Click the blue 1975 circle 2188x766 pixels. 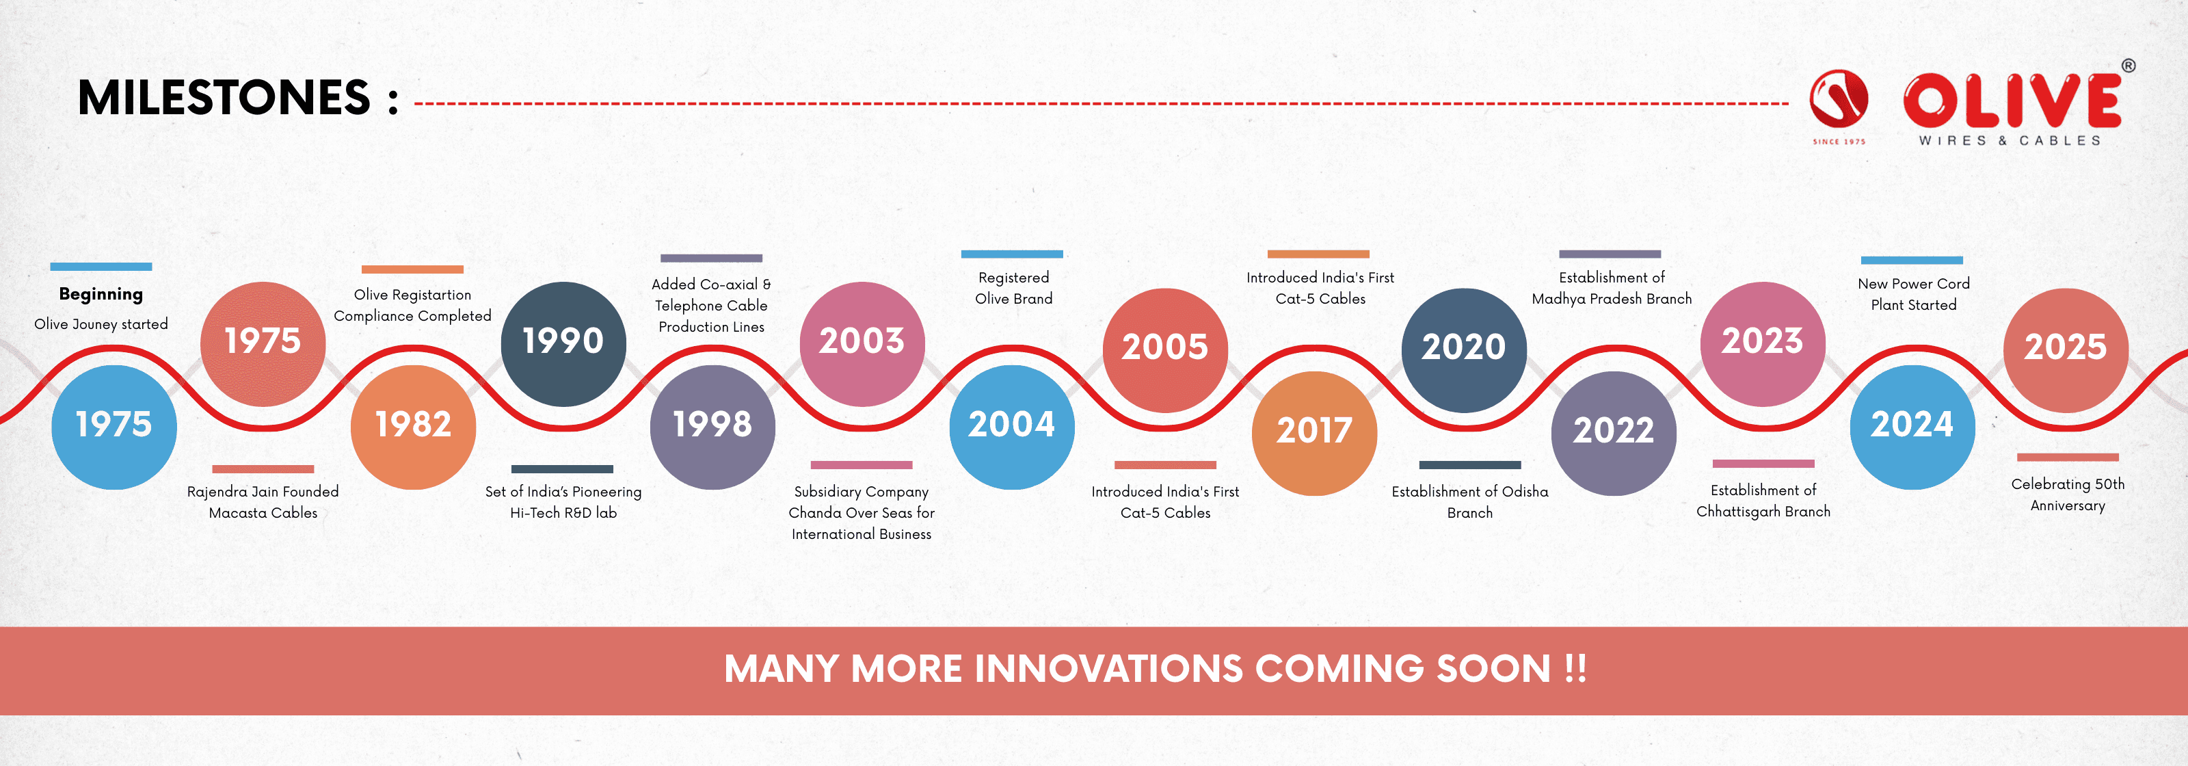(x=114, y=426)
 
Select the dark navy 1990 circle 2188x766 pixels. (x=563, y=343)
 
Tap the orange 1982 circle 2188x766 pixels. (x=413, y=426)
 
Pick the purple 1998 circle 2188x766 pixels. (x=712, y=426)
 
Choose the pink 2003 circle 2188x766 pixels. (x=862, y=343)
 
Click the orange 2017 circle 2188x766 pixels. (x=1314, y=432)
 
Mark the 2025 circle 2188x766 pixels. (x=2065, y=349)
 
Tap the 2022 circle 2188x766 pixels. (x=1613, y=432)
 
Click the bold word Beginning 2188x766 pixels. (x=101, y=294)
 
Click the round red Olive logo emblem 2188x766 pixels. (x=1838, y=98)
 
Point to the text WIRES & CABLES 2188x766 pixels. (x=2010, y=141)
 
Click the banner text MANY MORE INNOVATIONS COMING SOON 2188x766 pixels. (x=1154, y=669)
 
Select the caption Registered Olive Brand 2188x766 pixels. (x=1013, y=288)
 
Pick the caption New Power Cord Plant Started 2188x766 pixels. (x=1913, y=294)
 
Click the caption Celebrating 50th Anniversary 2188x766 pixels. (x=2068, y=494)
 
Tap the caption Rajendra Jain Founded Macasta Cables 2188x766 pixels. (x=263, y=502)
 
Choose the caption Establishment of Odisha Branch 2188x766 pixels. (x=1469, y=502)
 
